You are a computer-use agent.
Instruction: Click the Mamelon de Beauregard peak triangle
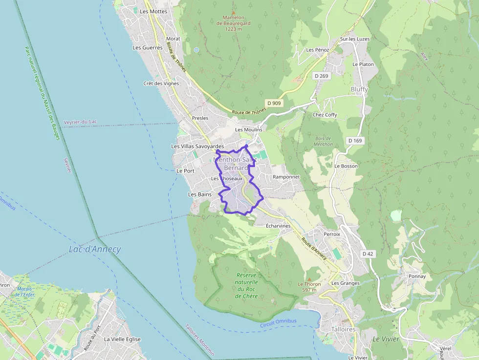click(x=233, y=12)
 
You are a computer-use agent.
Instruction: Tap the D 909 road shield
click(x=274, y=103)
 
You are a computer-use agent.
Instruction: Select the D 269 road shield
click(x=321, y=76)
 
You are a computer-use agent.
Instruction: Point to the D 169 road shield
click(x=355, y=141)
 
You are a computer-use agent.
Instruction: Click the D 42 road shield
click(x=368, y=254)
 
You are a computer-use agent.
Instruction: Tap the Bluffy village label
click(x=359, y=89)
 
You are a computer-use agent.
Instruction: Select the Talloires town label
click(x=343, y=329)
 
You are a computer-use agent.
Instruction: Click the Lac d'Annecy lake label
click(x=95, y=250)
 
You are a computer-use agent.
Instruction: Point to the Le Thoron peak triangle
click(x=309, y=279)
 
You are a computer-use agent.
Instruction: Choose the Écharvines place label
click(x=278, y=226)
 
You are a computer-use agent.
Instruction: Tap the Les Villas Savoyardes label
click(x=197, y=146)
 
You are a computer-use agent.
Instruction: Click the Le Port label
click(x=185, y=171)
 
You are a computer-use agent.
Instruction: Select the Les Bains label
click(x=199, y=194)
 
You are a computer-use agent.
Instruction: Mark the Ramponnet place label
click(x=286, y=177)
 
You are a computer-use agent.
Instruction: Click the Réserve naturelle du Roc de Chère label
click(x=246, y=285)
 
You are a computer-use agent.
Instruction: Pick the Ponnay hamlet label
click(x=417, y=276)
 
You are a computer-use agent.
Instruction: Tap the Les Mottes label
click(x=153, y=11)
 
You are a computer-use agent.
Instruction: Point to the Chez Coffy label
click(x=325, y=115)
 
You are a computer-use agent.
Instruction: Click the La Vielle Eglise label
click(x=122, y=339)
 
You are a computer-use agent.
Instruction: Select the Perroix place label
click(x=332, y=234)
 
